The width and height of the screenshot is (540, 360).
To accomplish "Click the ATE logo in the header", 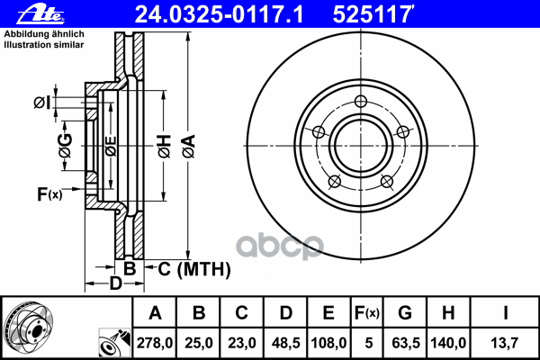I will (37, 13).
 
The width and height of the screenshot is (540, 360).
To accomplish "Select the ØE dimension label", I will (110, 144).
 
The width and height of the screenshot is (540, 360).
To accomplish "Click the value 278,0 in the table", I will (156, 342).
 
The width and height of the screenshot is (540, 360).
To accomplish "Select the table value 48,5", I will (285, 342).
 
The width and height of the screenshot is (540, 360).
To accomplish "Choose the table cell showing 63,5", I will (404, 342).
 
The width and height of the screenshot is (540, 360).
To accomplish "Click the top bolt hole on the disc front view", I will (361, 101).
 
